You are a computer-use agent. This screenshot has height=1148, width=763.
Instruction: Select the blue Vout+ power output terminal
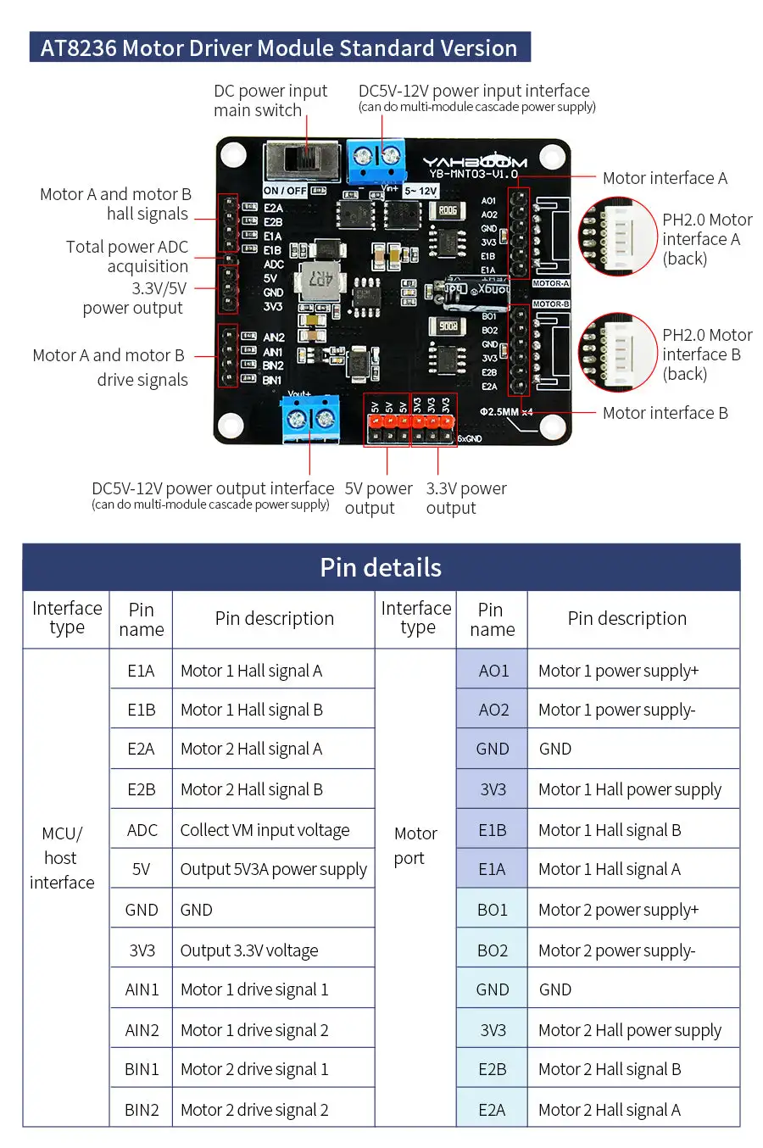310,419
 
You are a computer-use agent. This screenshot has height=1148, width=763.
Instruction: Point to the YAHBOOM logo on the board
475,162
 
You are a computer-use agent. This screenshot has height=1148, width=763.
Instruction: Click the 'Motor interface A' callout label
665,178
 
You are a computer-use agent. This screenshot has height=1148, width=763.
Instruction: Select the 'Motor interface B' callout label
665,413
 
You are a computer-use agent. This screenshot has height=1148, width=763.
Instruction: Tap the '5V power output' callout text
378,499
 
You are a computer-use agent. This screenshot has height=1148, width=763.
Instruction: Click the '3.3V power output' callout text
465,499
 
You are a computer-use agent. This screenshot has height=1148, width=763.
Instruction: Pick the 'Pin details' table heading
381,567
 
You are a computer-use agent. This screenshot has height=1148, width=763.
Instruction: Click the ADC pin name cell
142,830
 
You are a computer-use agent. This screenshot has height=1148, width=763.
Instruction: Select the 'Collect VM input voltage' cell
265,830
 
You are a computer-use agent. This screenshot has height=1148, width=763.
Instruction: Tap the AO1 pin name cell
493,671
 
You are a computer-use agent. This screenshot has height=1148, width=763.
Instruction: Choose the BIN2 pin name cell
142,1110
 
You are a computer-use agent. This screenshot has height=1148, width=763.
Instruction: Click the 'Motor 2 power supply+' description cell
618,910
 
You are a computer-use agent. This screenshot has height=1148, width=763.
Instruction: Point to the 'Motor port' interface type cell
415,845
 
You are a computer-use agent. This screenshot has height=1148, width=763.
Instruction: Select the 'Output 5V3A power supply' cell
273,869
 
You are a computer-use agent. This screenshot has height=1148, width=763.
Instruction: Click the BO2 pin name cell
493,950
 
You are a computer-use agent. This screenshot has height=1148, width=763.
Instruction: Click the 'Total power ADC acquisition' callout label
127,256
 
